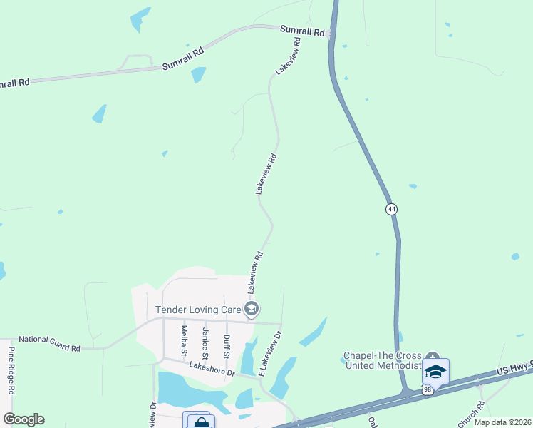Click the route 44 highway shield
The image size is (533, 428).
pyautogui.click(x=391, y=208)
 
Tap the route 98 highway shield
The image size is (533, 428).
pyautogui.click(x=426, y=389)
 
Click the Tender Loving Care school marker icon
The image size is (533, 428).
pyautogui.click(x=251, y=309)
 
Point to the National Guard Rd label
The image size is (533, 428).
pyautogui.click(x=49, y=343)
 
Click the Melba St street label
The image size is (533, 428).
pyautogui.click(x=184, y=341)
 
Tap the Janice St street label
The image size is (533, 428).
pyautogui.click(x=205, y=343)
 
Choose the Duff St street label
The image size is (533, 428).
pyautogui.click(x=227, y=345)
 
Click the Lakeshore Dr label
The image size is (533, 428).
pyautogui.click(x=212, y=369)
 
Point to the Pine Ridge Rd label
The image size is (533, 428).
pyautogui.click(x=11, y=370)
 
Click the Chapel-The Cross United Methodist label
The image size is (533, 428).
pyautogui.click(x=383, y=360)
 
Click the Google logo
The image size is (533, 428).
pyautogui.click(x=24, y=419)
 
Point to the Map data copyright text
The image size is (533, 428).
pyautogui.click(x=502, y=422)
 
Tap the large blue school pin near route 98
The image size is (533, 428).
pyautogui.click(x=435, y=372)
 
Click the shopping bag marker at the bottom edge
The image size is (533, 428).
pyautogui.click(x=199, y=421)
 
